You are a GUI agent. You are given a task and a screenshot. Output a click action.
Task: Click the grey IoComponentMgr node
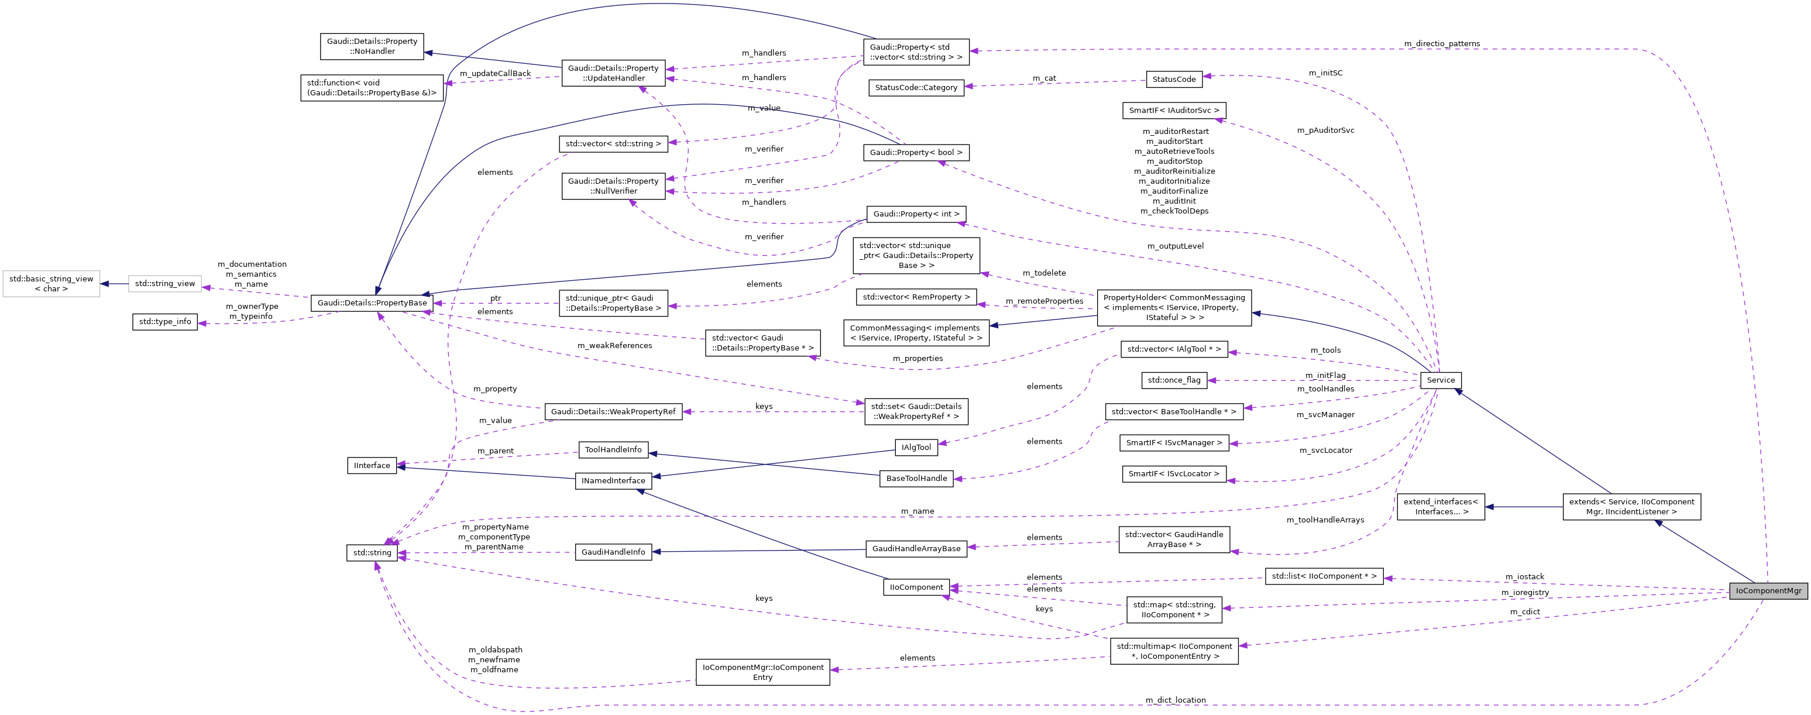1768,590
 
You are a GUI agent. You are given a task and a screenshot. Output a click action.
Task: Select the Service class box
1441,380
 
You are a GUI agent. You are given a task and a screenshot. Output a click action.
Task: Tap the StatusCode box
1173,80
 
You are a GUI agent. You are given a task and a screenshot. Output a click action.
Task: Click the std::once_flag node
1173,380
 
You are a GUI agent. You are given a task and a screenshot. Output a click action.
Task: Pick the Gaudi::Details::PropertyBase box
372,303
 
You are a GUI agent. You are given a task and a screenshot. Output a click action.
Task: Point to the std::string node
372,552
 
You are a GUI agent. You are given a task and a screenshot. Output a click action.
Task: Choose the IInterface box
372,465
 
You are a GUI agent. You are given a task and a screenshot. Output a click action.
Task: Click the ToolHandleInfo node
613,450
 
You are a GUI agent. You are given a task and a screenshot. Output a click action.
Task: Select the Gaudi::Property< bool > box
915,153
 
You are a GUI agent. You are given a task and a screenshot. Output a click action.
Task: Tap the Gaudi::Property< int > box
915,214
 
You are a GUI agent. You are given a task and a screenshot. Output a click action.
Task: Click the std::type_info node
164,322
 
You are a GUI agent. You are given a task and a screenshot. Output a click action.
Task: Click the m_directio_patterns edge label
1441,43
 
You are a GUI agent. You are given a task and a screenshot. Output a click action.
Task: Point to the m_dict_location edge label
1175,700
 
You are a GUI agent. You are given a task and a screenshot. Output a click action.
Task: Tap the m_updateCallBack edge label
495,73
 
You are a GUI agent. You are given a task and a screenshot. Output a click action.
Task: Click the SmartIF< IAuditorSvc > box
1173,111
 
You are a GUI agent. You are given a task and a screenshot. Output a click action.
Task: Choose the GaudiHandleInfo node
613,552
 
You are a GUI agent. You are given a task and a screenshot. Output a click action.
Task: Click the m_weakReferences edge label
614,346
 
